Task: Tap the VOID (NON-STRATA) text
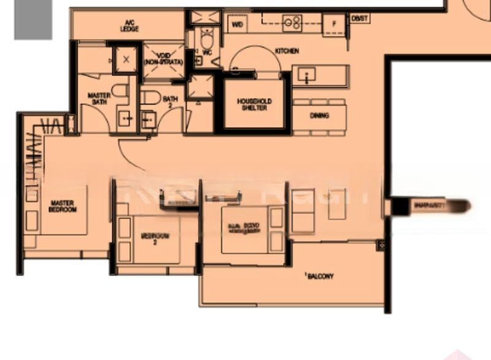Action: click(x=163, y=59)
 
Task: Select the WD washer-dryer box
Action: click(x=238, y=25)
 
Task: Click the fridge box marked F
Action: click(x=334, y=25)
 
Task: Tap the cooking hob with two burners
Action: click(x=292, y=24)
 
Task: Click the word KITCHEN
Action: click(x=287, y=51)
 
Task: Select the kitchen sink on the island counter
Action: click(x=305, y=75)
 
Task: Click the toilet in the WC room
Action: click(x=206, y=41)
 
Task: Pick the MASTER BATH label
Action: click(x=99, y=99)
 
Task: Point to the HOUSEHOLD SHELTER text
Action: click(x=254, y=104)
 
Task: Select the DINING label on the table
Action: click(x=319, y=115)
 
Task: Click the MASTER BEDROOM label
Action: click(x=63, y=206)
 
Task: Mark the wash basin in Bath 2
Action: click(x=148, y=120)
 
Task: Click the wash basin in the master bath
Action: click(x=128, y=119)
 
